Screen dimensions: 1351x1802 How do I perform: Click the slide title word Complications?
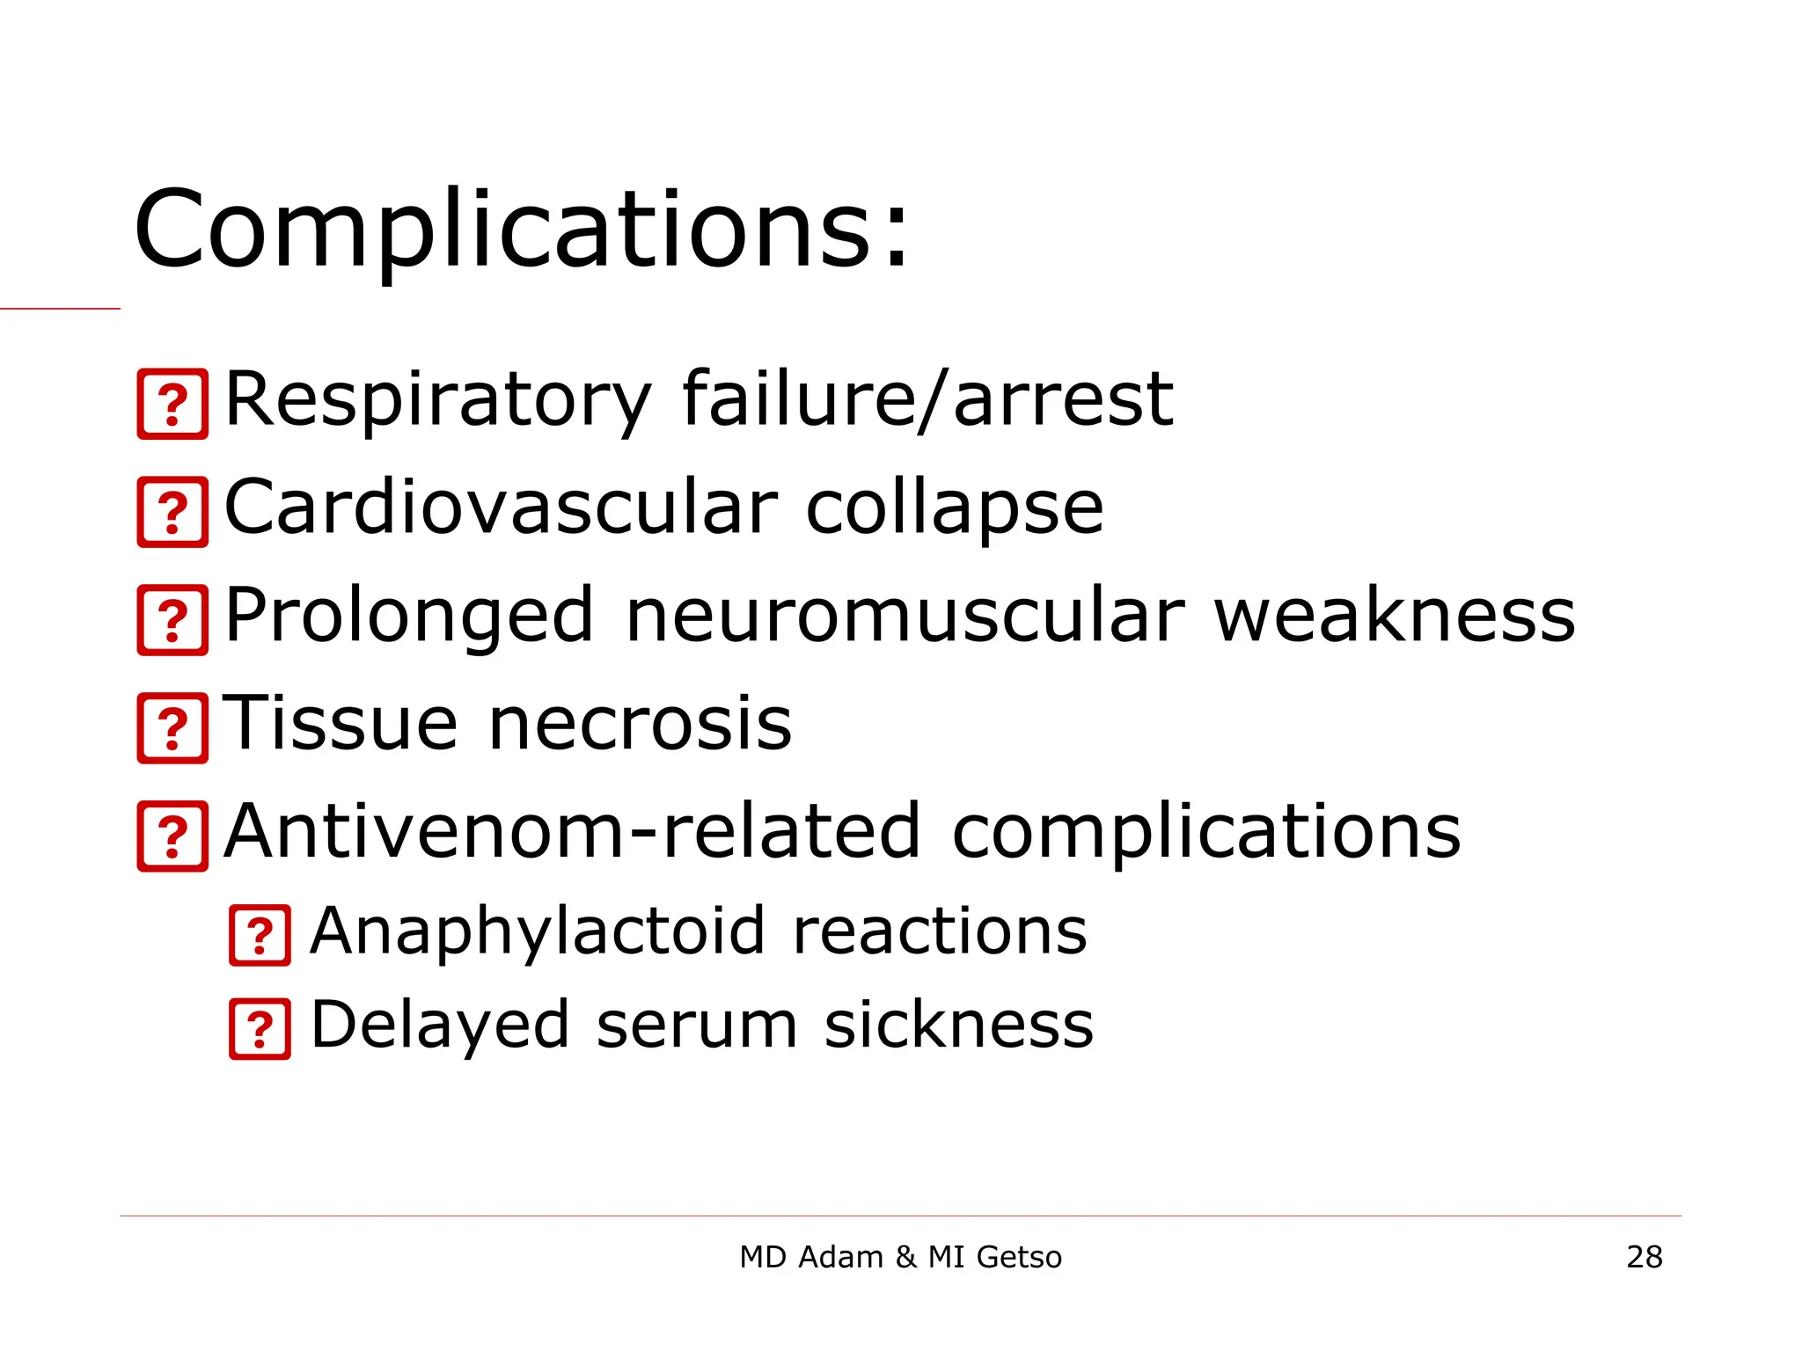coord(521,230)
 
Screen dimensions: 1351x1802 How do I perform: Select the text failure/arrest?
coord(927,400)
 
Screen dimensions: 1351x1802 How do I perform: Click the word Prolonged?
coord(409,617)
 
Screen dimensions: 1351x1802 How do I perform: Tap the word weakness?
coord(1395,616)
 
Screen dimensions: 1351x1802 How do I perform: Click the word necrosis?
coord(640,724)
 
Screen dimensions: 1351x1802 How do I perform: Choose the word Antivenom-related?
coord(573,831)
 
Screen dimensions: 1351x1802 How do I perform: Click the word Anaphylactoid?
coord(538,932)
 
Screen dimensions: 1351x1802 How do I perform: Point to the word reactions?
coord(940,931)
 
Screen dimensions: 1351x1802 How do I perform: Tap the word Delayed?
coord(440,1026)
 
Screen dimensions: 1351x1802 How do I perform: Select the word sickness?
coord(958,1025)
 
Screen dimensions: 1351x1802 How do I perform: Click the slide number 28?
coord(1644,1257)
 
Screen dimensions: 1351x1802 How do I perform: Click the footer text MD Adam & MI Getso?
coord(900,1257)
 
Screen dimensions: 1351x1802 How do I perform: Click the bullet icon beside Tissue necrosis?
coord(173,728)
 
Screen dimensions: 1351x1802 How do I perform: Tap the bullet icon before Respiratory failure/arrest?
coord(173,405)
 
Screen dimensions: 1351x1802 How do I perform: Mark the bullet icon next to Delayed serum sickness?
coord(260,1029)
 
